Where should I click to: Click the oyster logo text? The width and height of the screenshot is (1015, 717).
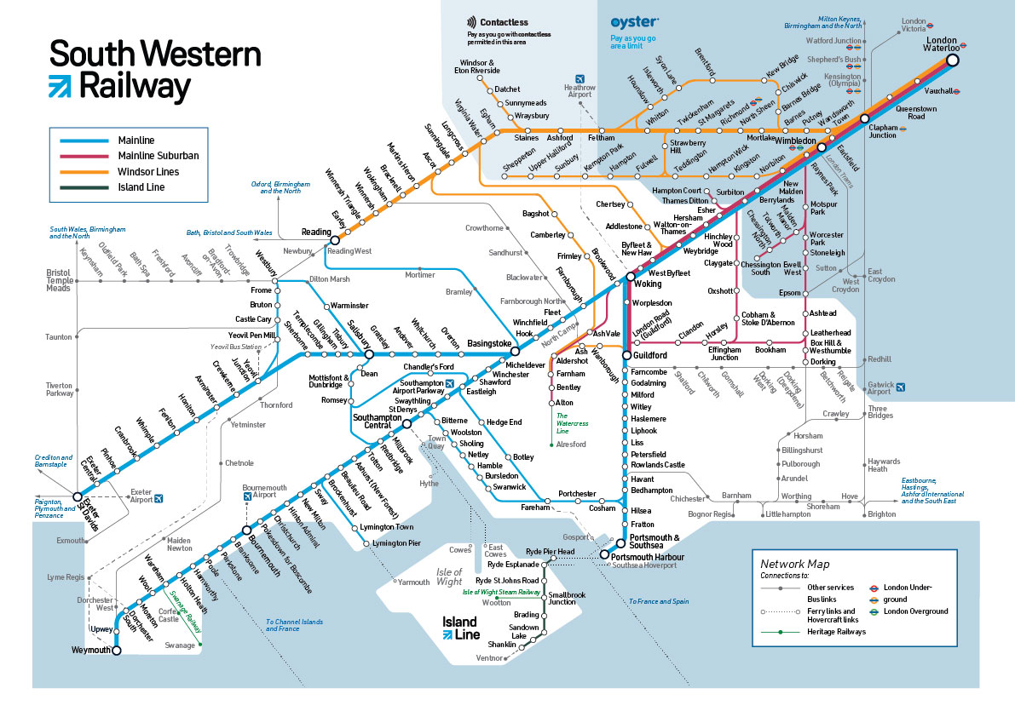coord(633,21)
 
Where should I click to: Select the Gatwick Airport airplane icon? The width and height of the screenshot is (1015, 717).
coord(901,387)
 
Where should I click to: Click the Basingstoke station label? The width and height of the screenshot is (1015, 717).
coord(489,343)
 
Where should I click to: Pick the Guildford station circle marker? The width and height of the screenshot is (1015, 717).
coord(626,355)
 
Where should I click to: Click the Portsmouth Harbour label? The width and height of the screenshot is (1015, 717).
coord(647,557)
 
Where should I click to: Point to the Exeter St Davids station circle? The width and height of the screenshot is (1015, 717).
coord(78,496)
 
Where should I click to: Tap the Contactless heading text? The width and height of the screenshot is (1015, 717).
coord(504,22)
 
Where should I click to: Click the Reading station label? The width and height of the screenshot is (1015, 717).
coord(315,232)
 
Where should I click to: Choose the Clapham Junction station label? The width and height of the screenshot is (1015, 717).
coord(883,131)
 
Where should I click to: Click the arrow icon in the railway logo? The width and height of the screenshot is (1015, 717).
coord(61,86)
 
